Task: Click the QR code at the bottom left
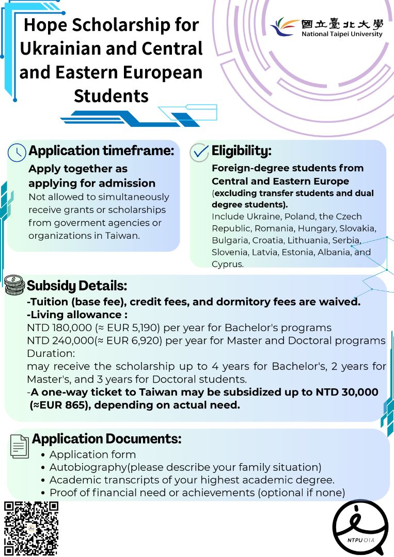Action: [31, 528]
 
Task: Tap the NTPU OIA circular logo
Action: [359, 527]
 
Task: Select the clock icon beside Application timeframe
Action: [17, 152]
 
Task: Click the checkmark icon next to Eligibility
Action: [199, 152]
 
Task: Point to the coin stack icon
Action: [14, 285]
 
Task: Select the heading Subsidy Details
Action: [77, 285]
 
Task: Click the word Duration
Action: [50, 353]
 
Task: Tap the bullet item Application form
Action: [92, 454]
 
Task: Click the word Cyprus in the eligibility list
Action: [227, 264]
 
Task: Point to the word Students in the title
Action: [111, 95]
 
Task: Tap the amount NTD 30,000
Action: [346, 392]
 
